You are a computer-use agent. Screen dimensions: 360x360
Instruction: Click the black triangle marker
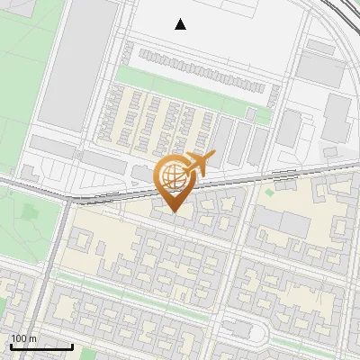181,24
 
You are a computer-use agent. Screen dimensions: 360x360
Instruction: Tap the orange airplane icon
200,164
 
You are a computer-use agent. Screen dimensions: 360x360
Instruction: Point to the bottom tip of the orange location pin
174,212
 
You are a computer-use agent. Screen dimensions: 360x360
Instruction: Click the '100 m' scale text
23,337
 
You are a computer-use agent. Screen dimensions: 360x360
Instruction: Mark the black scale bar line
40,346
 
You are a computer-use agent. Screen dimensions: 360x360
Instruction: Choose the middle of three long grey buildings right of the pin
240,142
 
